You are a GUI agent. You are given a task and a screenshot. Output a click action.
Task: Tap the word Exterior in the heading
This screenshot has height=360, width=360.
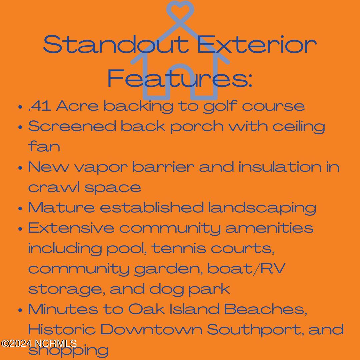[x=257, y=44]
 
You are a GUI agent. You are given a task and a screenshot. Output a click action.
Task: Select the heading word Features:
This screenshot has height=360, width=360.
[x=180, y=78]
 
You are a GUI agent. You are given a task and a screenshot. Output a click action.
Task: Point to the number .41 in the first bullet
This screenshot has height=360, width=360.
[x=39, y=106]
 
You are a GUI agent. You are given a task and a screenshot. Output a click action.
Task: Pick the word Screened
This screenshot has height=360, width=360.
[x=72, y=126]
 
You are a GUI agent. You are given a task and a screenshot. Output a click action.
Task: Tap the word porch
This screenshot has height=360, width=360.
[x=197, y=127]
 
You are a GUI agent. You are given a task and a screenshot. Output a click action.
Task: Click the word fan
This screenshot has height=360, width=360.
[x=44, y=146]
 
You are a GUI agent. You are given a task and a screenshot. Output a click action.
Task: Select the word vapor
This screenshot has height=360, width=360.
[x=101, y=168]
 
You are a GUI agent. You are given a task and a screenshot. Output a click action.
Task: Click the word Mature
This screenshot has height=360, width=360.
[x=61, y=207]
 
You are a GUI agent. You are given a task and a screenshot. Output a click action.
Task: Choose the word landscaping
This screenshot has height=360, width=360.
[x=262, y=208]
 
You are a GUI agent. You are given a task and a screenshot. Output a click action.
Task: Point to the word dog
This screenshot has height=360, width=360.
[x=166, y=289]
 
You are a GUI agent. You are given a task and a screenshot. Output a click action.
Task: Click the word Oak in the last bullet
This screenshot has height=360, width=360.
[x=146, y=309]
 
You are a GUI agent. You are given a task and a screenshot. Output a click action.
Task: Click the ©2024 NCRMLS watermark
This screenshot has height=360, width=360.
[x=39, y=343]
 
